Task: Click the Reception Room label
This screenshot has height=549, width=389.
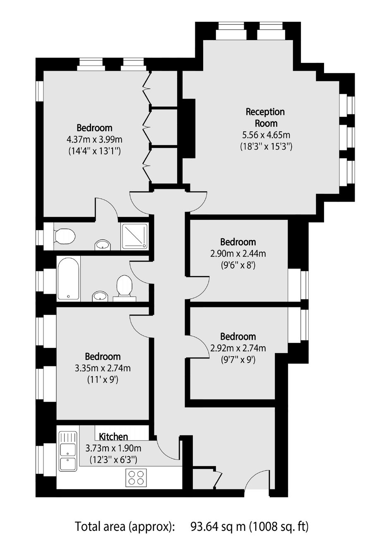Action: (265, 117)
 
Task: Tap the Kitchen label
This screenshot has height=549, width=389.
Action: (113, 436)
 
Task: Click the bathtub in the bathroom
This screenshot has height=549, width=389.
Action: (69, 278)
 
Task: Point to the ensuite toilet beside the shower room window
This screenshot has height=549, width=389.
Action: (64, 236)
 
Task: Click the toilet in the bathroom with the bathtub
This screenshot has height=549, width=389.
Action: (125, 288)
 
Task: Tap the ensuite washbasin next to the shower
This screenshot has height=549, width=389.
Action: (103, 245)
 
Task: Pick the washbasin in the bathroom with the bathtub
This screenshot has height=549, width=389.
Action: (100, 296)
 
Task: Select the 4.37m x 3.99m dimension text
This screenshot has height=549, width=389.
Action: (94, 140)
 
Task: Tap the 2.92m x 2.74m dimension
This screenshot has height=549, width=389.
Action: (238, 348)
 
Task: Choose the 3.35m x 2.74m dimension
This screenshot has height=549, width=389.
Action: (103, 368)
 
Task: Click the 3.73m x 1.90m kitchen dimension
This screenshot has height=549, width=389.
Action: (113, 448)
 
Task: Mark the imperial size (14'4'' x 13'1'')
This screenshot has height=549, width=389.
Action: (94, 151)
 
